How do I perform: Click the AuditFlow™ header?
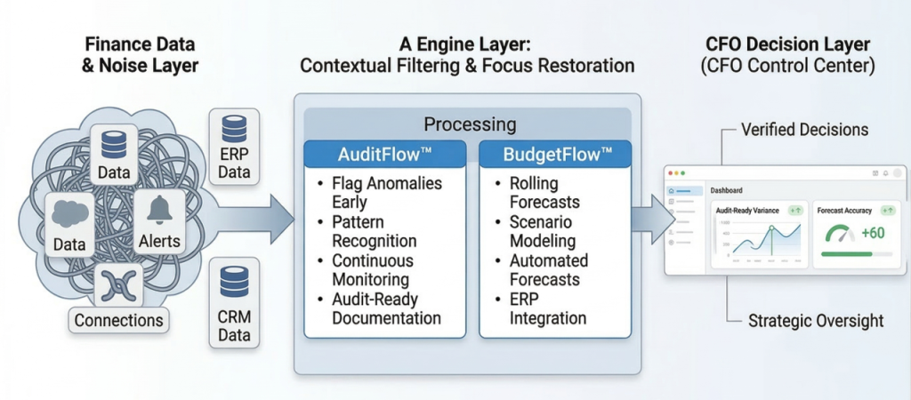pos(383,153)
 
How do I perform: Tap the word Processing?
pos(469,124)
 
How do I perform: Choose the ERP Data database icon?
pos(234,131)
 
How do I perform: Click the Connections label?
pos(118,320)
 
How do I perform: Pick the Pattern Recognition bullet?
pos(374,232)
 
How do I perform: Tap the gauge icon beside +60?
pos(838,234)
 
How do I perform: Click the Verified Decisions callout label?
pos(804,130)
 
